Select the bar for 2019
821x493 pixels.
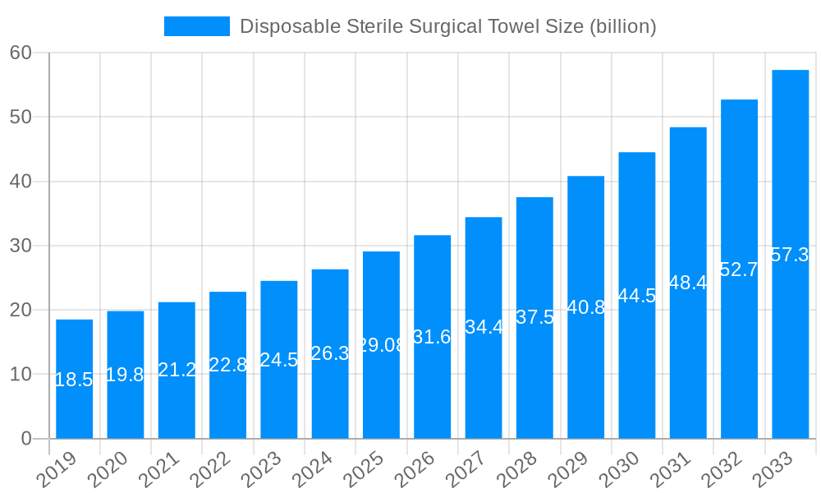74,379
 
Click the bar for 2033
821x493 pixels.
790,254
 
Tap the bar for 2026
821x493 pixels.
432,337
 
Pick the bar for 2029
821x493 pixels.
585,307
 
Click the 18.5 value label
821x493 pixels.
74,380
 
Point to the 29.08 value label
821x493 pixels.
381,345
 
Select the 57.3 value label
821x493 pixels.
790,255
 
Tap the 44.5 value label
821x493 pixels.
637,296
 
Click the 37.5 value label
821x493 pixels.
534,317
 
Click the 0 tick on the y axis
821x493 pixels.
26,439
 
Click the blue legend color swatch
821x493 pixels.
197,26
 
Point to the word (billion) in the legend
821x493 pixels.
622,26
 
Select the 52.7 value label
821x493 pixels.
739,270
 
